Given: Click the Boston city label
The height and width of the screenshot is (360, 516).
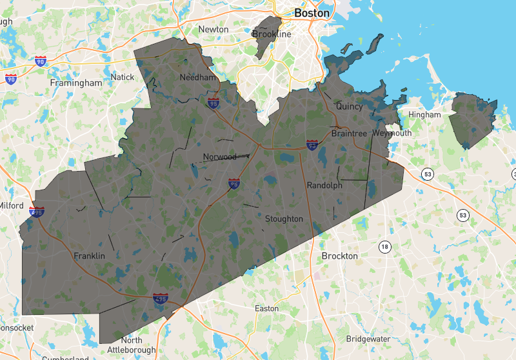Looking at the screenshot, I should [312, 13].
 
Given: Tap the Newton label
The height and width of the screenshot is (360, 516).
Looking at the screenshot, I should [213, 29].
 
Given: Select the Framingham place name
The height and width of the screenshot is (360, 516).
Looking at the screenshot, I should [76, 83].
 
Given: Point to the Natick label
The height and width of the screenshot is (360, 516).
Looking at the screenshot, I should [123, 77].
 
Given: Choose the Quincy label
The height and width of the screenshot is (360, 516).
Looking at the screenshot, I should [350, 106].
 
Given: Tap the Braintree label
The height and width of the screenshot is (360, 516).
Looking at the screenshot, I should [348, 134].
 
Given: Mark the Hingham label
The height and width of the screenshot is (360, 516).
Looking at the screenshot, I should [424, 115].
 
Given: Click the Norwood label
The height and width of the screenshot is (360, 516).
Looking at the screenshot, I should [220, 157].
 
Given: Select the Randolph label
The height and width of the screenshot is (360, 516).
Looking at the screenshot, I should [324, 185].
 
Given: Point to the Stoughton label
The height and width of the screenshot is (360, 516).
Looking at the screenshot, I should [284, 219].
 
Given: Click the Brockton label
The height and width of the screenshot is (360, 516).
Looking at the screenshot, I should [339, 255].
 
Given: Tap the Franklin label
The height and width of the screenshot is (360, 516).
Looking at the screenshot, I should [89, 255].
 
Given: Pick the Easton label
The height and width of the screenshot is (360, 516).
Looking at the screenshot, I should [267, 308].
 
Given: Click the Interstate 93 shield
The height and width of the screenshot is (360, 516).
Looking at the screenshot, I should [312, 145].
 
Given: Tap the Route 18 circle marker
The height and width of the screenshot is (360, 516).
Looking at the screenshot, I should [385, 246].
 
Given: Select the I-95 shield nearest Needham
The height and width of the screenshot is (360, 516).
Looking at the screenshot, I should [213, 103].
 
